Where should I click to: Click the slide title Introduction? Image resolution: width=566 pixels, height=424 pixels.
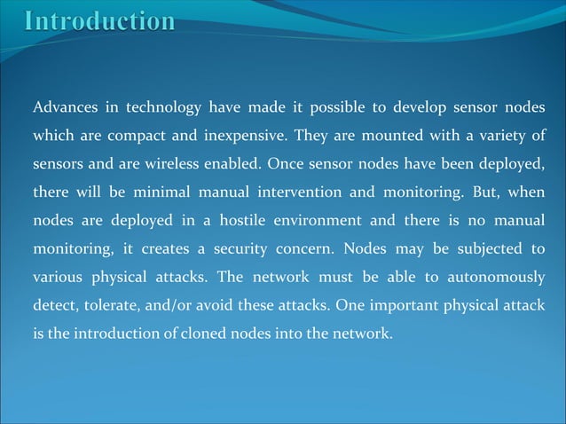pyautogui.click(x=99, y=20)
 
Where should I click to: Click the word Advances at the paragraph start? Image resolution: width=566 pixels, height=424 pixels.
pyautogui.click(x=63, y=109)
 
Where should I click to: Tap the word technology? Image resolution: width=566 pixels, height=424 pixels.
pyautogui.click(x=163, y=109)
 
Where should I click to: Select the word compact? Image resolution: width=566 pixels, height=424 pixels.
pyautogui.click(x=142, y=137)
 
